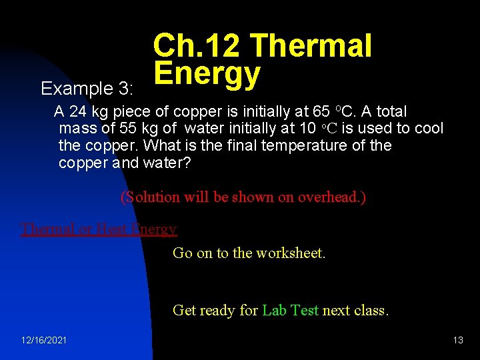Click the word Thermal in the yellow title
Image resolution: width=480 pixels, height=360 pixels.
311,47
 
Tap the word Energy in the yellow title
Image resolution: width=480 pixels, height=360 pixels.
207,74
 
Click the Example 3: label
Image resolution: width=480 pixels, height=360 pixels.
87,89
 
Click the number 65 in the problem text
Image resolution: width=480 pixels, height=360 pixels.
320,111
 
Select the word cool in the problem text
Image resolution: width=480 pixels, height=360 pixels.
428,129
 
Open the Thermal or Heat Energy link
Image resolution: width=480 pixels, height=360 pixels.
99,229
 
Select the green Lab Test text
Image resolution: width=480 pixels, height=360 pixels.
290,310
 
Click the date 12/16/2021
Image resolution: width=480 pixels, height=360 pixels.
44,341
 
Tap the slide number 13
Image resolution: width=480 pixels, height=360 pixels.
458,341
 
